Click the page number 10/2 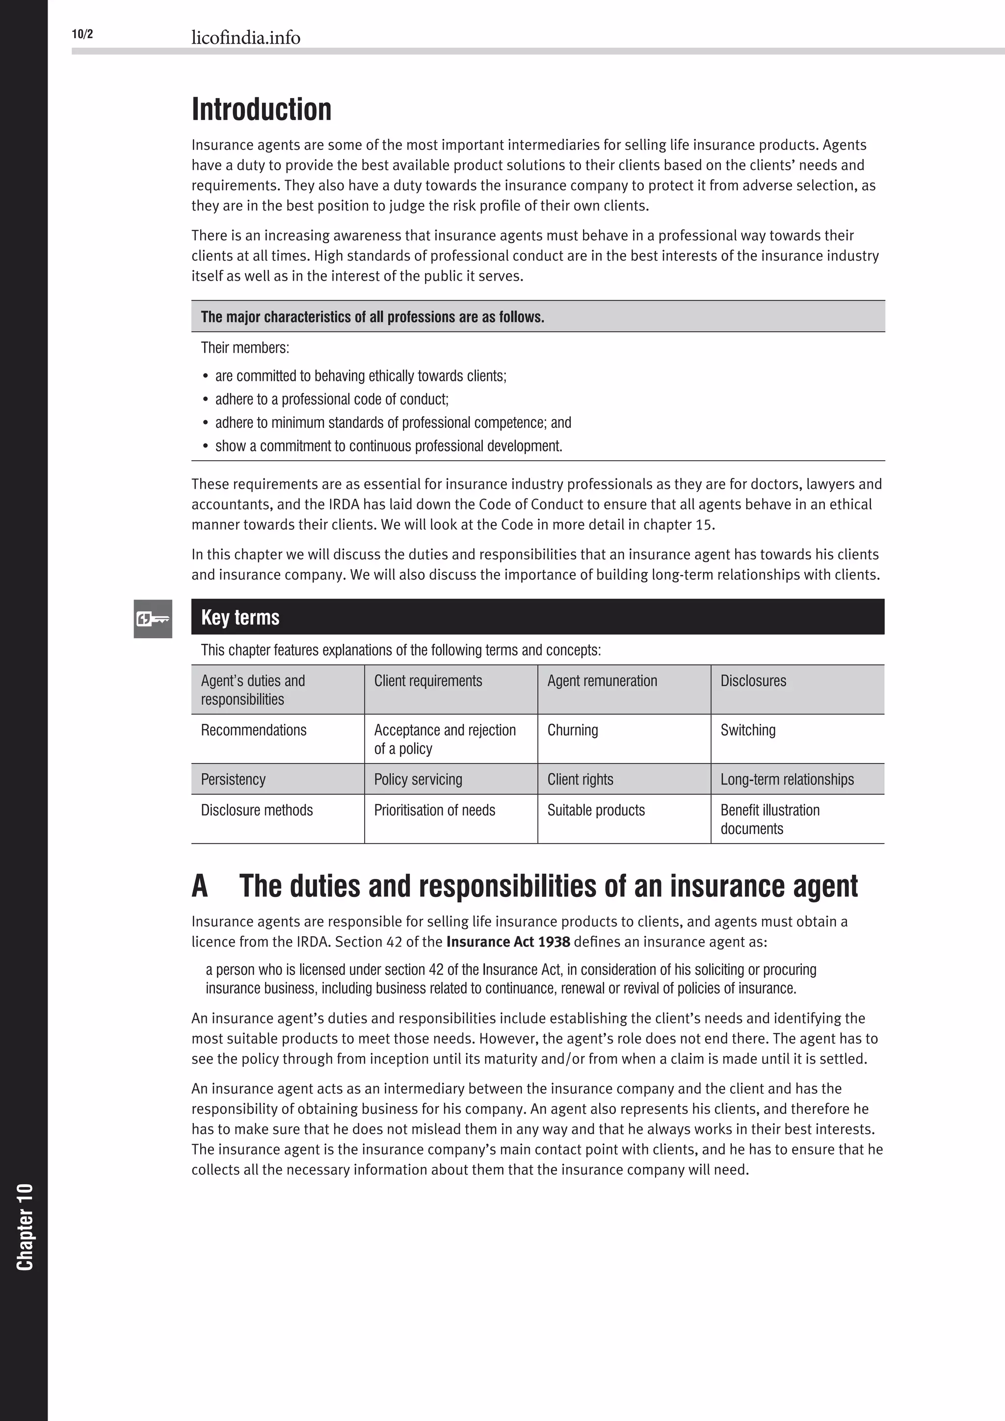pos(82,34)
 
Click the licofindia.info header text pos(246,38)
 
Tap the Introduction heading pos(261,109)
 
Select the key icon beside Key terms pos(153,618)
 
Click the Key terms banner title pos(240,617)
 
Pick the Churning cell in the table pos(573,730)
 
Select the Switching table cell pos(747,730)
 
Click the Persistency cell pos(233,779)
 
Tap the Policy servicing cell pos(418,779)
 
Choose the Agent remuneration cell pos(602,681)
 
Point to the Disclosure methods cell pos(257,810)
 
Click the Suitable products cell pos(596,810)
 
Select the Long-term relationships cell pos(787,779)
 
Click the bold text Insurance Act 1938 pos(508,941)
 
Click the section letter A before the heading pos(199,886)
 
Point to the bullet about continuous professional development pos(389,446)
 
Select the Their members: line pos(245,348)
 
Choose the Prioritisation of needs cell pos(434,810)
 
